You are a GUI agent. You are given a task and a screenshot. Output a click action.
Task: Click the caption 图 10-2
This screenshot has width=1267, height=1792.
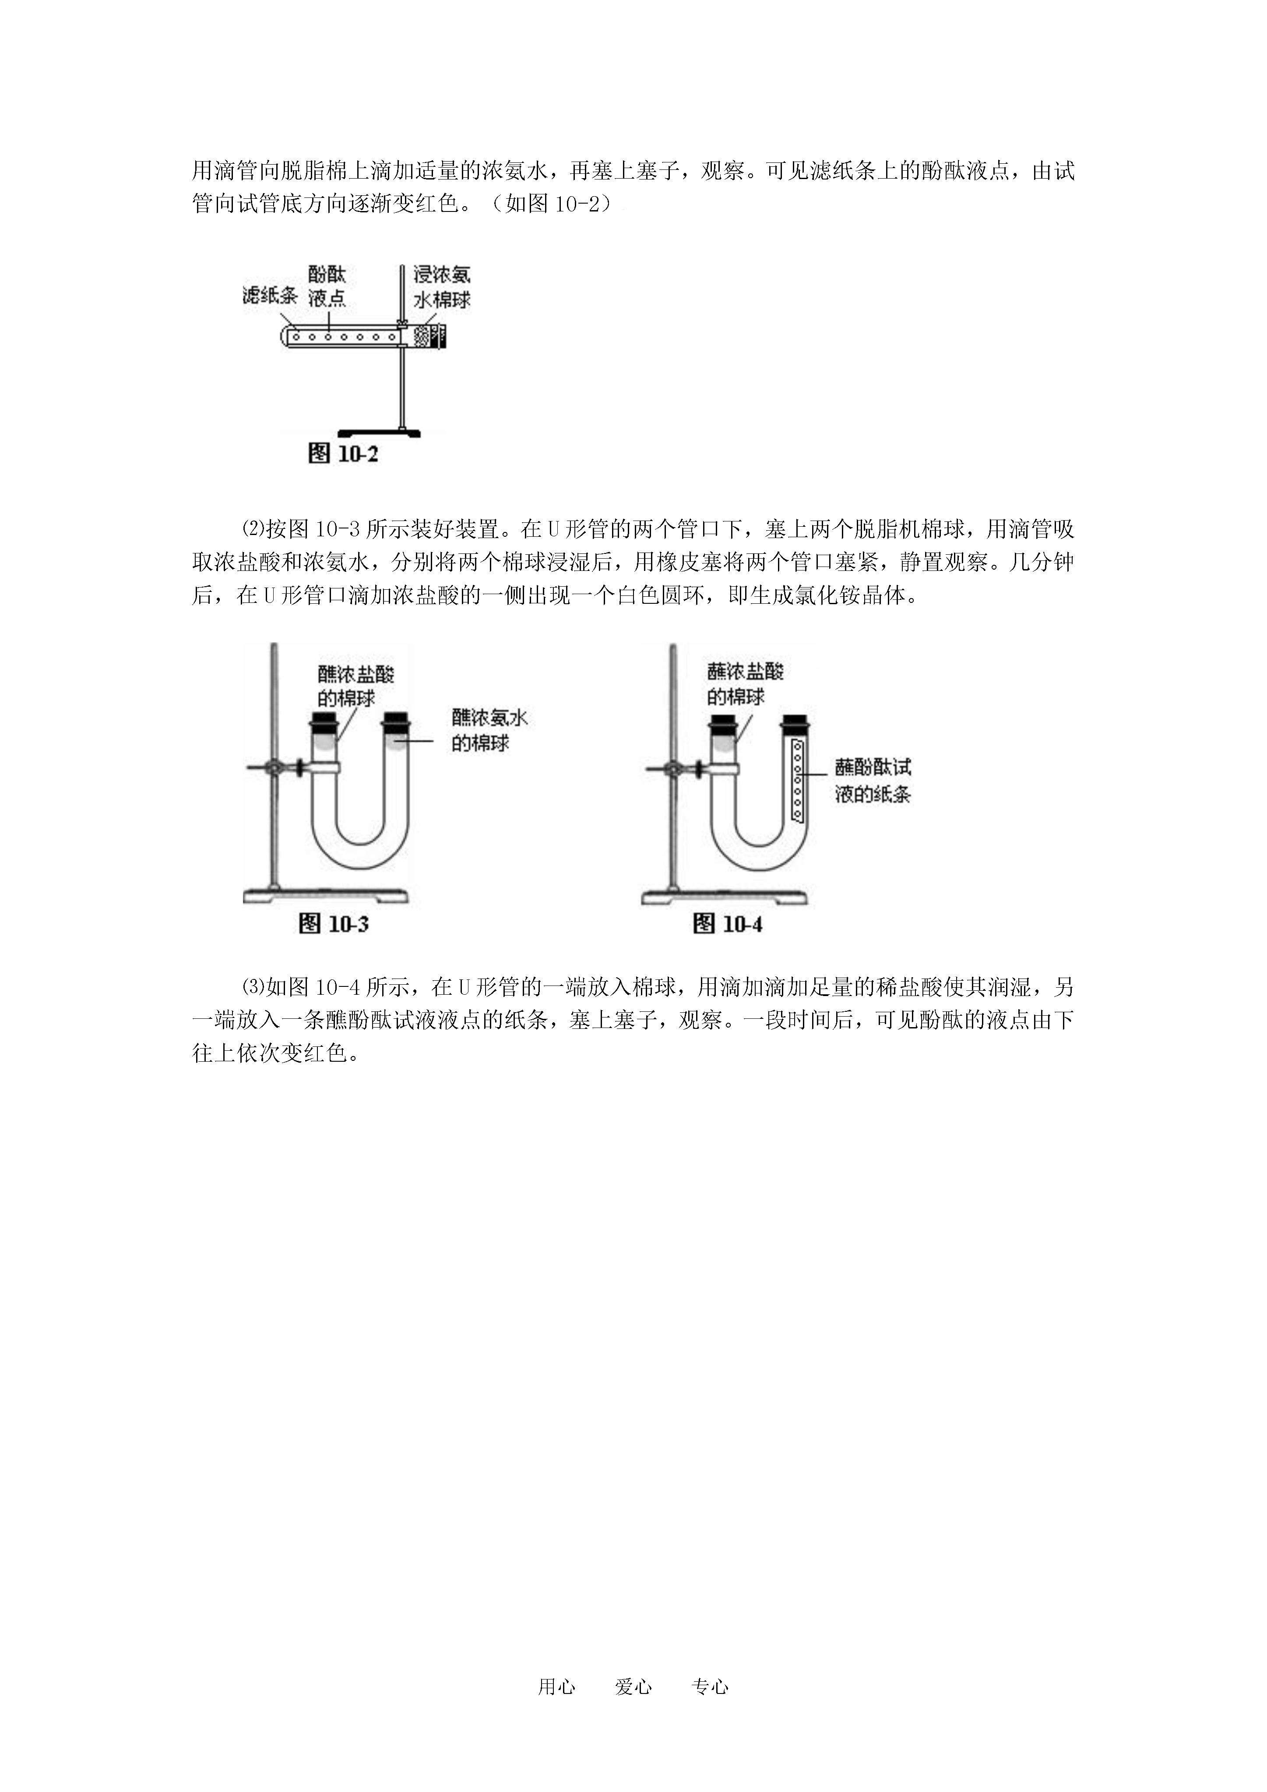343,454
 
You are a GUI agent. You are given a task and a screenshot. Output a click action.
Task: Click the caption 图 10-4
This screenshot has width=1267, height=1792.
728,924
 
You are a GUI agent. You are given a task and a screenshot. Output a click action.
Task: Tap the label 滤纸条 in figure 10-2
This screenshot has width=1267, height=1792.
269,295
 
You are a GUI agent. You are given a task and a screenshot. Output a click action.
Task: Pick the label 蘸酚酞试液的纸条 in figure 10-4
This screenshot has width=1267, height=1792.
873,781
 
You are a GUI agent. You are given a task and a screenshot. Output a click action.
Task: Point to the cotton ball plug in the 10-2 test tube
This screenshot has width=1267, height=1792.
422,336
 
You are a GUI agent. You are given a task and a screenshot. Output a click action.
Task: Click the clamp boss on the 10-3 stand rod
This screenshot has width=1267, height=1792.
275,769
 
